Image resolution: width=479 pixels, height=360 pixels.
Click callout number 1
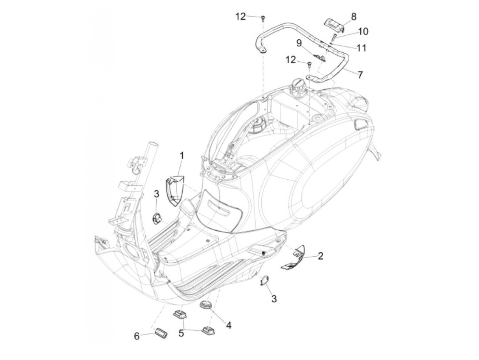coord(182,156)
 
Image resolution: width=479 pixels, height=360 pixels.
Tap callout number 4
coord(228,325)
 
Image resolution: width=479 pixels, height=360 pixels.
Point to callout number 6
coord(137,336)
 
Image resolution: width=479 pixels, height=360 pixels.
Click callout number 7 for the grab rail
coord(360,75)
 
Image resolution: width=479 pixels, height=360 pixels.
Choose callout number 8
coord(353,16)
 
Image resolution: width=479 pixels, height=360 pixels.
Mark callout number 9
coord(299,43)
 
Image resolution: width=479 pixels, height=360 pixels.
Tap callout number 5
coord(181,333)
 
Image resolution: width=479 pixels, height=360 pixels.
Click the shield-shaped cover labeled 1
coord(175,192)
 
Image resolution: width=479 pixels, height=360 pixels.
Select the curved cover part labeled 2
coord(293,258)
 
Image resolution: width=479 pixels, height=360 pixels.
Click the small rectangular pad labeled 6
coord(160,333)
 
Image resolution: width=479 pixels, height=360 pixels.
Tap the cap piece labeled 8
coord(334,24)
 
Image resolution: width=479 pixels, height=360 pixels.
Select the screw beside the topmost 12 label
coord(263,18)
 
